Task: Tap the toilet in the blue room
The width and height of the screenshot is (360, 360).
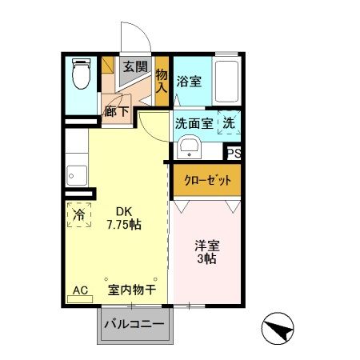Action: click(80, 77)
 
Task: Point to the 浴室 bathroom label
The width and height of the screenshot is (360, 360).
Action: click(189, 81)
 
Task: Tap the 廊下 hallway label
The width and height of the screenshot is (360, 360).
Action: click(117, 111)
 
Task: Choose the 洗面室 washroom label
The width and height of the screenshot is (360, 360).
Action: click(194, 123)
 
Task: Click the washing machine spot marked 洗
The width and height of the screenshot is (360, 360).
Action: click(228, 123)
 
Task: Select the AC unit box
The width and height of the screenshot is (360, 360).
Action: click(80, 290)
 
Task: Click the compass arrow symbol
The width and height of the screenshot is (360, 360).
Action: click(274, 329)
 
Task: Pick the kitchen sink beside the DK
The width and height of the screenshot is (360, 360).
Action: click(77, 173)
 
